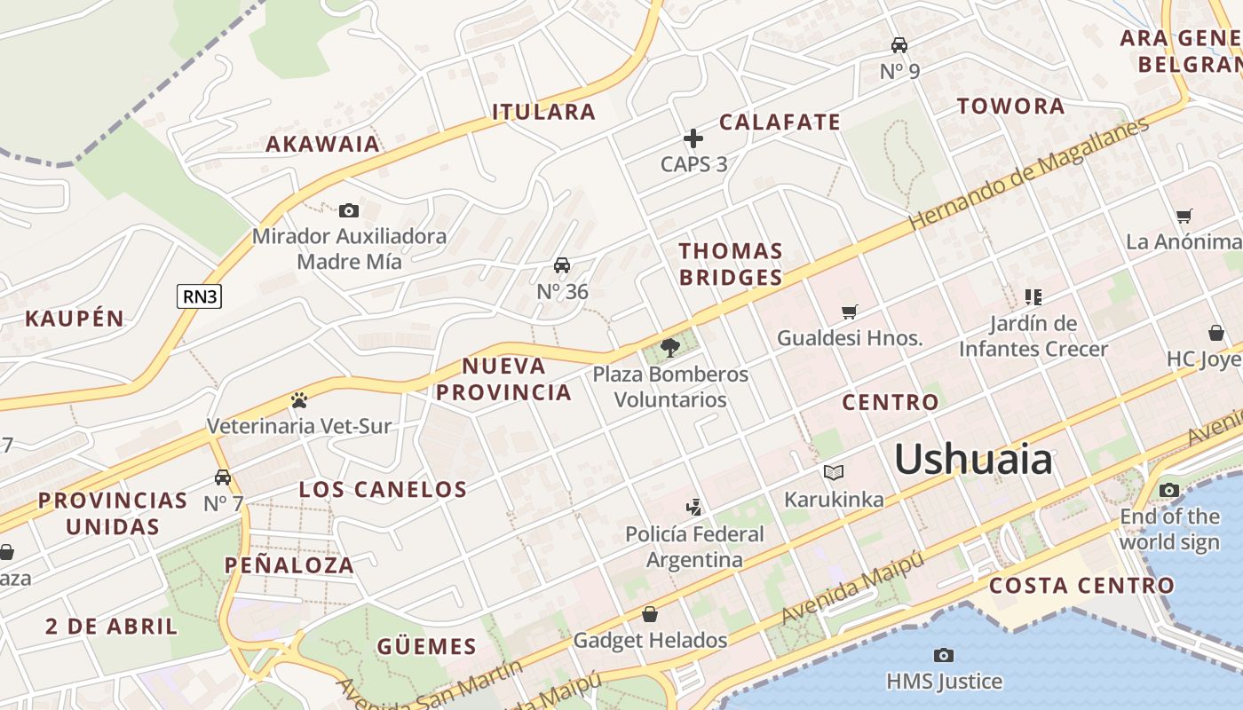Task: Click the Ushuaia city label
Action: pyautogui.click(x=973, y=460)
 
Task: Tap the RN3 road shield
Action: pyautogui.click(x=199, y=296)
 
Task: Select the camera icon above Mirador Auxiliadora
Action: pyautogui.click(x=349, y=210)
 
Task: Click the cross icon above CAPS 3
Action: pyautogui.click(x=693, y=138)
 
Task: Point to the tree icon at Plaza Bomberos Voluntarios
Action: pyautogui.click(x=670, y=347)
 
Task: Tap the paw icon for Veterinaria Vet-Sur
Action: pyautogui.click(x=298, y=400)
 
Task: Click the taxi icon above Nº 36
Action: pyautogui.click(x=562, y=265)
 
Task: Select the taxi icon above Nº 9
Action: pyautogui.click(x=899, y=45)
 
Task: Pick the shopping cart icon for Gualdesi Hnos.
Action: pyautogui.click(x=850, y=312)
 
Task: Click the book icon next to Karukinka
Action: pyautogui.click(x=833, y=472)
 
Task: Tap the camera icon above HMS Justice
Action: pyautogui.click(x=944, y=656)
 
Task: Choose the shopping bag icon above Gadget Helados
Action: pyautogui.click(x=650, y=614)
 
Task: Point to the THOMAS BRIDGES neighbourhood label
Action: pyautogui.click(x=731, y=264)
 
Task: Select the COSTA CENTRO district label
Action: pyautogui.click(x=1081, y=586)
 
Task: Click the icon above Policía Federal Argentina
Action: pyautogui.click(x=694, y=508)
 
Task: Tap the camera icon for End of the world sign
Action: pyautogui.click(x=1169, y=490)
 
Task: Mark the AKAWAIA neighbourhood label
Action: pyautogui.click(x=322, y=144)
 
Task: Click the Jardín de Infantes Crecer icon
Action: pyautogui.click(x=1033, y=296)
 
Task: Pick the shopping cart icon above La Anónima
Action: pyautogui.click(x=1184, y=216)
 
